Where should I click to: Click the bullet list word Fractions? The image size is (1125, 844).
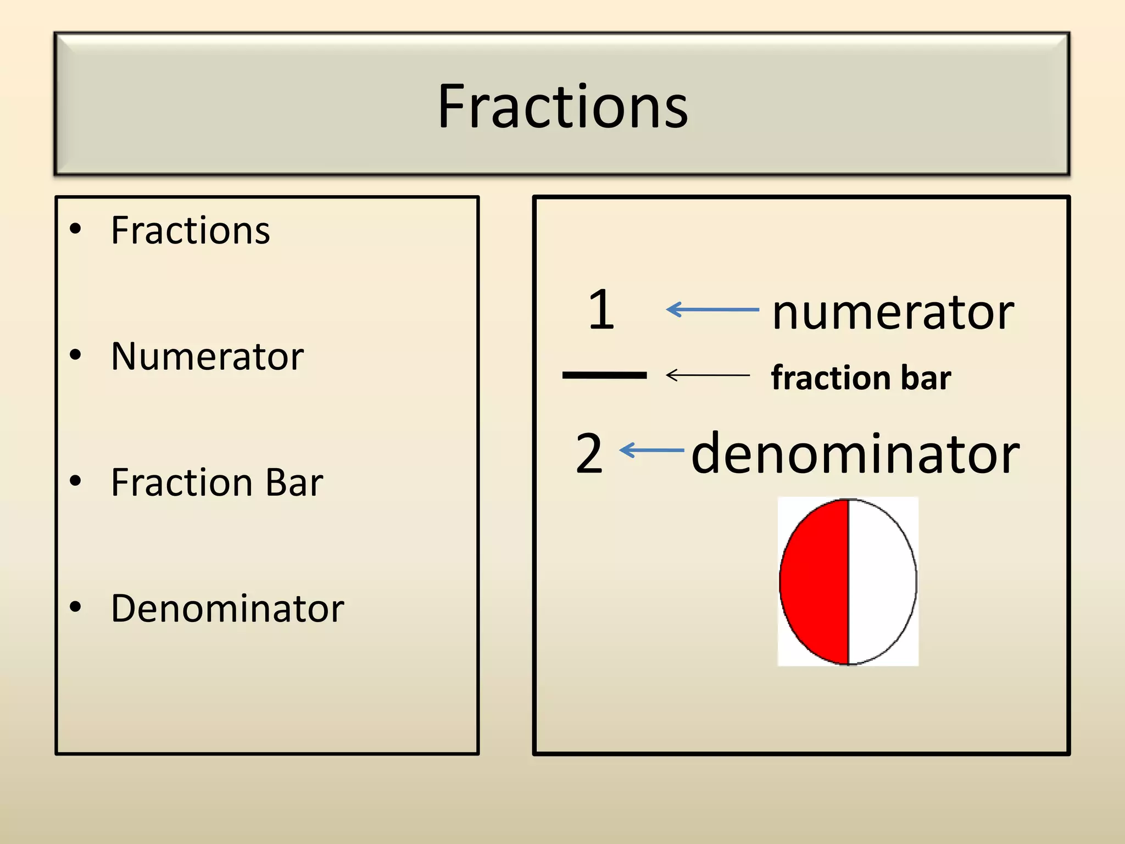[x=190, y=230]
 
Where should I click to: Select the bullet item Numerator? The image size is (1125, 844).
[x=207, y=357]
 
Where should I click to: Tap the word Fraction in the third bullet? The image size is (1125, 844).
[x=182, y=482]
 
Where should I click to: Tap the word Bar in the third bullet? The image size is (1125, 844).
[x=294, y=482]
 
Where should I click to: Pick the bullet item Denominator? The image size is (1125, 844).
[x=227, y=609]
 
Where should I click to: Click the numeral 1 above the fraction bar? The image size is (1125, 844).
[x=601, y=310]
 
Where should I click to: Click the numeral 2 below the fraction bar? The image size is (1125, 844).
[x=589, y=453]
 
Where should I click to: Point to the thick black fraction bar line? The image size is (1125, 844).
[x=604, y=375]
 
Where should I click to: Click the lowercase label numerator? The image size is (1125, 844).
[x=893, y=312]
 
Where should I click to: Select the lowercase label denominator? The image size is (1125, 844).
[x=855, y=454]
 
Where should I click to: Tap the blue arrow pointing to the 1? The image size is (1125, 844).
[x=712, y=310]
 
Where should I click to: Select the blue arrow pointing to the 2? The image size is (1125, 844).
[x=651, y=451]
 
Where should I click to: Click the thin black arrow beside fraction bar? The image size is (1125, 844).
[x=708, y=375]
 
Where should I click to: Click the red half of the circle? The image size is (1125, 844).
[x=816, y=581]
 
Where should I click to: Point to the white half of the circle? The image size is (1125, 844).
[x=881, y=581]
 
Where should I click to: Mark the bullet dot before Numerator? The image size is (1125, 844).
[x=76, y=355]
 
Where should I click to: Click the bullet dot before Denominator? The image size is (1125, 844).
[x=76, y=607]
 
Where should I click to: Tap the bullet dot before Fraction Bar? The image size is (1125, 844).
[x=76, y=481]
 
